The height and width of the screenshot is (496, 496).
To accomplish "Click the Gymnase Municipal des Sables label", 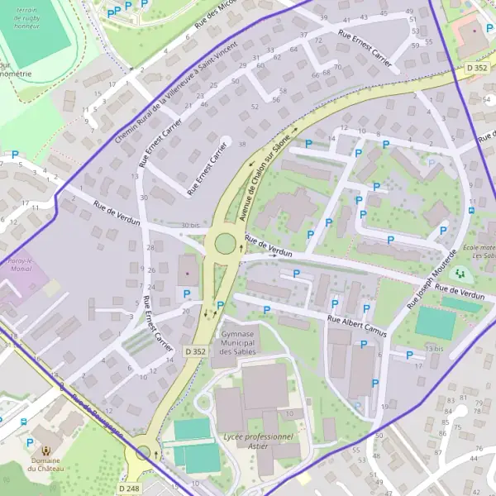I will tap(238, 342).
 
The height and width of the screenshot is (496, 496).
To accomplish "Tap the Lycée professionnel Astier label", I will tap(258, 441).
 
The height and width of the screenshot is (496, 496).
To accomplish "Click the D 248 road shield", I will tap(128, 489).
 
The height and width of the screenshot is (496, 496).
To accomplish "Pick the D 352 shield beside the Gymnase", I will tap(195, 351).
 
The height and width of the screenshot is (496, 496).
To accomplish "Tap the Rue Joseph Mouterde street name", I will tap(432, 279).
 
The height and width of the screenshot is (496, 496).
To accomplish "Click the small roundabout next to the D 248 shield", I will tap(145, 452).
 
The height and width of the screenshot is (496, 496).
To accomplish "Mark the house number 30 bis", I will tap(190, 225).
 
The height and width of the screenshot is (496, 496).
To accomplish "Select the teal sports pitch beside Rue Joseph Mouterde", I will tap(435, 323).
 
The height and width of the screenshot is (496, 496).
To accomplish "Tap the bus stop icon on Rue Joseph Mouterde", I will tap(470, 209).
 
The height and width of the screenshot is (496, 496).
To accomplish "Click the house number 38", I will tap(242, 144).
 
